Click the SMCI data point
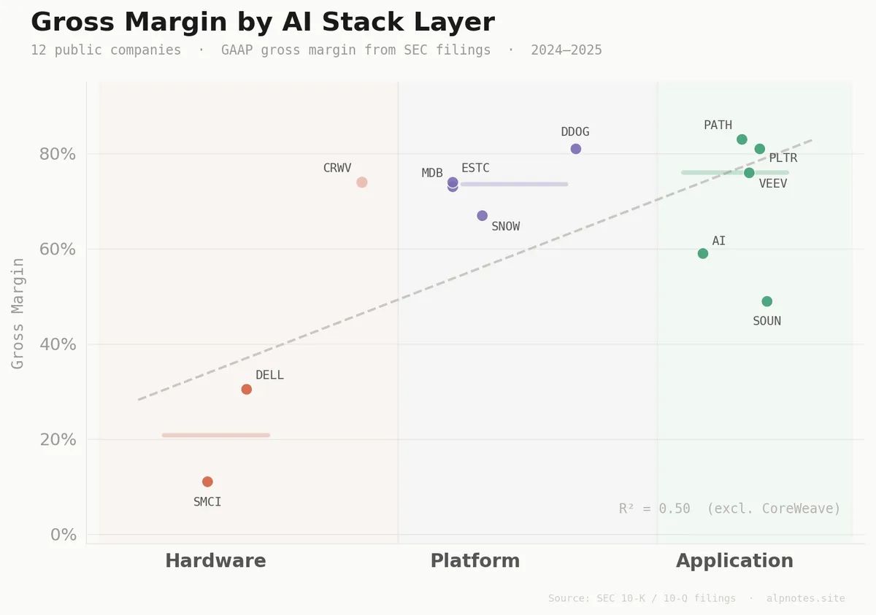pyautogui.click(x=207, y=481)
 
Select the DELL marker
pyautogui.click(x=247, y=389)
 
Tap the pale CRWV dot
pyautogui.click(x=361, y=182)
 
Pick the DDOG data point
pyautogui.click(x=575, y=149)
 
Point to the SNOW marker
pyautogui.click(x=482, y=215)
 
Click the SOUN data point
pyautogui.click(x=766, y=301)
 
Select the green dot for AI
pyautogui.click(x=703, y=253)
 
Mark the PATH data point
pyautogui.click(x=742, y=139)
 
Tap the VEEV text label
pyautogui.click(x=773, y=184)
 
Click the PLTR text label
pyautogui.click(x=783, y=158)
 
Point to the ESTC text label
pyautogui.click(x=475, y=168)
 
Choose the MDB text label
pyautogui.click(x=432, y=173)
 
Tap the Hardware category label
pyautogui.click(x=215, y=561)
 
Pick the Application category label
pyautogui.click(x=734, y=561)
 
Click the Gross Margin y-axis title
pyautogui.click(x=18, y=313)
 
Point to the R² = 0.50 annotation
pyautogui.click(x=729, y=508)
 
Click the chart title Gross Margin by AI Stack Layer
pyautogui.click(x=263, y=22)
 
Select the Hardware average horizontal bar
pyautogui.click(x=216, y=435)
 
